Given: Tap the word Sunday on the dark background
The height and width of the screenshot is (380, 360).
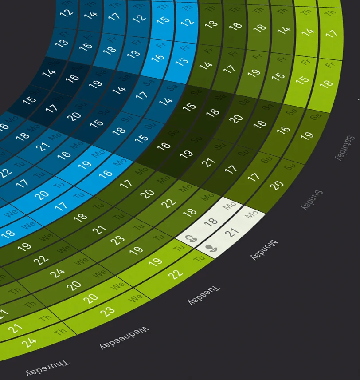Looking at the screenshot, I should [312, 200].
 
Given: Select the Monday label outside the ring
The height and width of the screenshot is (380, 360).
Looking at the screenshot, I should [265, 250].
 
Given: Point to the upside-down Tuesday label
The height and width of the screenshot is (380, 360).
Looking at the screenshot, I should [204, 295].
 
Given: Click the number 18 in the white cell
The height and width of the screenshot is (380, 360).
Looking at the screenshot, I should [211, 221].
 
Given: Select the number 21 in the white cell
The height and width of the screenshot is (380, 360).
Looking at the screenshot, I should [232, 231].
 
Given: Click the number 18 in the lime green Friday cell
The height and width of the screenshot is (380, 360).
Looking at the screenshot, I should [327, 83].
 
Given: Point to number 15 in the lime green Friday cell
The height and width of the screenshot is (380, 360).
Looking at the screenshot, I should [302, 79].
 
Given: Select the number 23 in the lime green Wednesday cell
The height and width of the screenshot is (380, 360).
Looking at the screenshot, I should [107, 311].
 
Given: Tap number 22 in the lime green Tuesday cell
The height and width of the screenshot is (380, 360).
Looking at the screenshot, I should [176, 274].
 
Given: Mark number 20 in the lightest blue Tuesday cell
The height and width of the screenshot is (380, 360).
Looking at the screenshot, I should [43, 194].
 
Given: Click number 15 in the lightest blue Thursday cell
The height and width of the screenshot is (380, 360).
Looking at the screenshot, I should [163, 20].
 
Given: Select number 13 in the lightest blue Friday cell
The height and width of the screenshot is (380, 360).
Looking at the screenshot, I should [182, 61].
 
